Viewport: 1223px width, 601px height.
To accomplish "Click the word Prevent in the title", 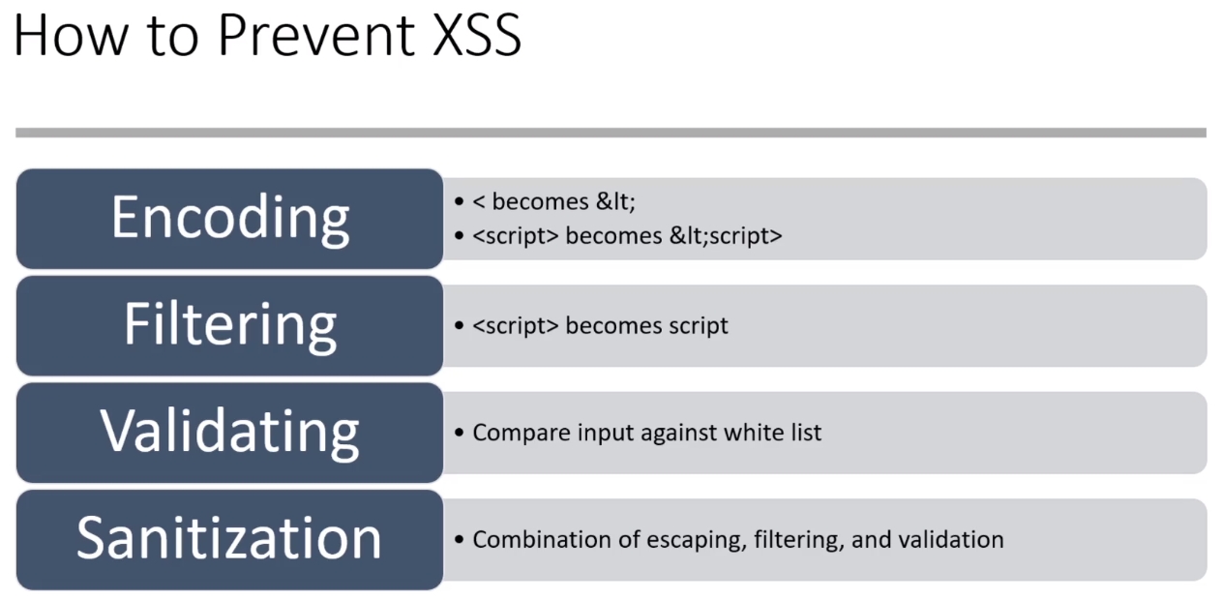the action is (316, 36).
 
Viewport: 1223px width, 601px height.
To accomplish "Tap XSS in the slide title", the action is (477, 36).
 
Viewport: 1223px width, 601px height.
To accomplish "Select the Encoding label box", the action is (230, 219).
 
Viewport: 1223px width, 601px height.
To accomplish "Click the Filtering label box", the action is (230, 325).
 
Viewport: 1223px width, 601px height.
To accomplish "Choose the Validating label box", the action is (230, 433).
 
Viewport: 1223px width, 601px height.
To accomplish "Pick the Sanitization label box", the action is (230, 539).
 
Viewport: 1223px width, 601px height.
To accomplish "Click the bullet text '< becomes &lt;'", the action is (553, 201).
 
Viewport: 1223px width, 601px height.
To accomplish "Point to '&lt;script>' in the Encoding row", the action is (726, 236).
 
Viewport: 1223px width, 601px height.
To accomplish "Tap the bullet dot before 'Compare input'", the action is (460, 433).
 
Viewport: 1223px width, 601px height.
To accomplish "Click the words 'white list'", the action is (772, 433).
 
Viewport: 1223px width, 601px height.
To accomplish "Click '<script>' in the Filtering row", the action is (516, 326).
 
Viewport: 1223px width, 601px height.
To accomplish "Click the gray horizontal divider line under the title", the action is (611, 133).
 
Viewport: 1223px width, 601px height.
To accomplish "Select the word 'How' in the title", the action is (71, 36).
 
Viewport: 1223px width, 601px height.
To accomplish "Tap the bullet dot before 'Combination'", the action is (460, 540).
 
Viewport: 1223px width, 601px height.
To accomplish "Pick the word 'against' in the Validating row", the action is (678, 434).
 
